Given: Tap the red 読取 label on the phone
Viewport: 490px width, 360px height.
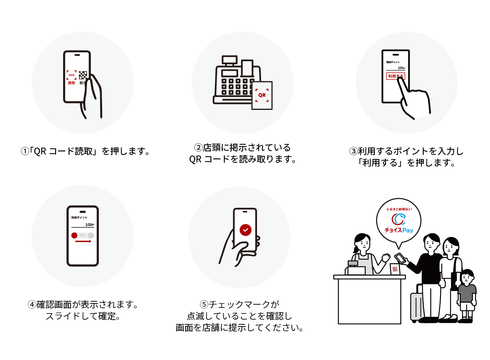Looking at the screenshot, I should coord(71,83).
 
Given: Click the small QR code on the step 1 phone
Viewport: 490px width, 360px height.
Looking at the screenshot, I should coord(83,75).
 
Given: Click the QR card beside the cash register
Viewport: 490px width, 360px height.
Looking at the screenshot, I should coord(262,95).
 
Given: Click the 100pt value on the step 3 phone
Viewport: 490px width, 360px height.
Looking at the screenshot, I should coord(401,68).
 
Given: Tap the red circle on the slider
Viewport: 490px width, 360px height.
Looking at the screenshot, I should coord(74,235).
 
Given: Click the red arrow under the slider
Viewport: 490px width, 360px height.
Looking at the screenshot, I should coord(83,241).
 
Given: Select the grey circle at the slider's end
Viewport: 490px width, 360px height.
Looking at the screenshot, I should coord(91,235).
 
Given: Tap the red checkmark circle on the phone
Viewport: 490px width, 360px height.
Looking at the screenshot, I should coord(245,230).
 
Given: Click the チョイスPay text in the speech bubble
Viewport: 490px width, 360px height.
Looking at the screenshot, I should coord(398,230).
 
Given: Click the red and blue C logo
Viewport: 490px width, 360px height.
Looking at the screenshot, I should coord(398,219).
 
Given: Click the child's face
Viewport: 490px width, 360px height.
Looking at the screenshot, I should coord(467,278).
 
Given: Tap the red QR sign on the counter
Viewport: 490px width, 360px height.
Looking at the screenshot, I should coord(395,269).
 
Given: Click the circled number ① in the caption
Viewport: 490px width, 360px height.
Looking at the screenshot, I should coord(24,151).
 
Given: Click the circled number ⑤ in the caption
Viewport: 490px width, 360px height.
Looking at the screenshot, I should coord(204,305).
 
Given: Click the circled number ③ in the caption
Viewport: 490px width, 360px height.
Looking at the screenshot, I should coord(353,151).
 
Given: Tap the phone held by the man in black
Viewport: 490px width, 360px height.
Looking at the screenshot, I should coord(400,258).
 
